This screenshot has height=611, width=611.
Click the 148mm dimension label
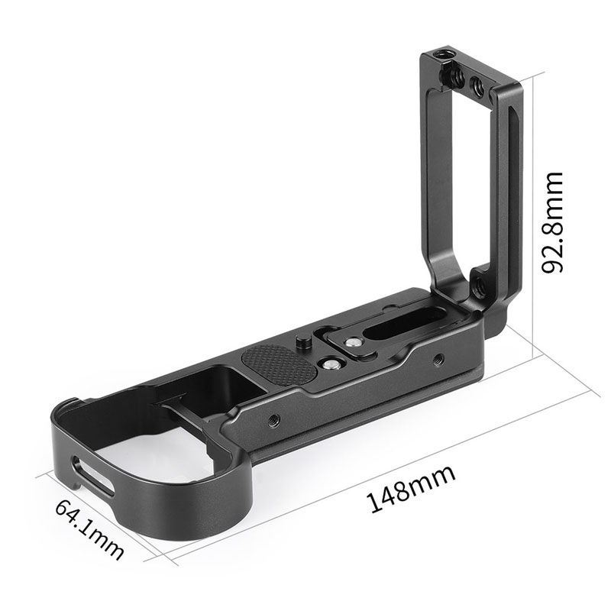click(x=412, y=487)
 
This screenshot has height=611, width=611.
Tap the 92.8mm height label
click(x=551, y=222)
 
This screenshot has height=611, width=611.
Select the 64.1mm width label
click(x=89, y=528)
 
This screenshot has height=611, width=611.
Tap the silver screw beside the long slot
click(x=354, y=344)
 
